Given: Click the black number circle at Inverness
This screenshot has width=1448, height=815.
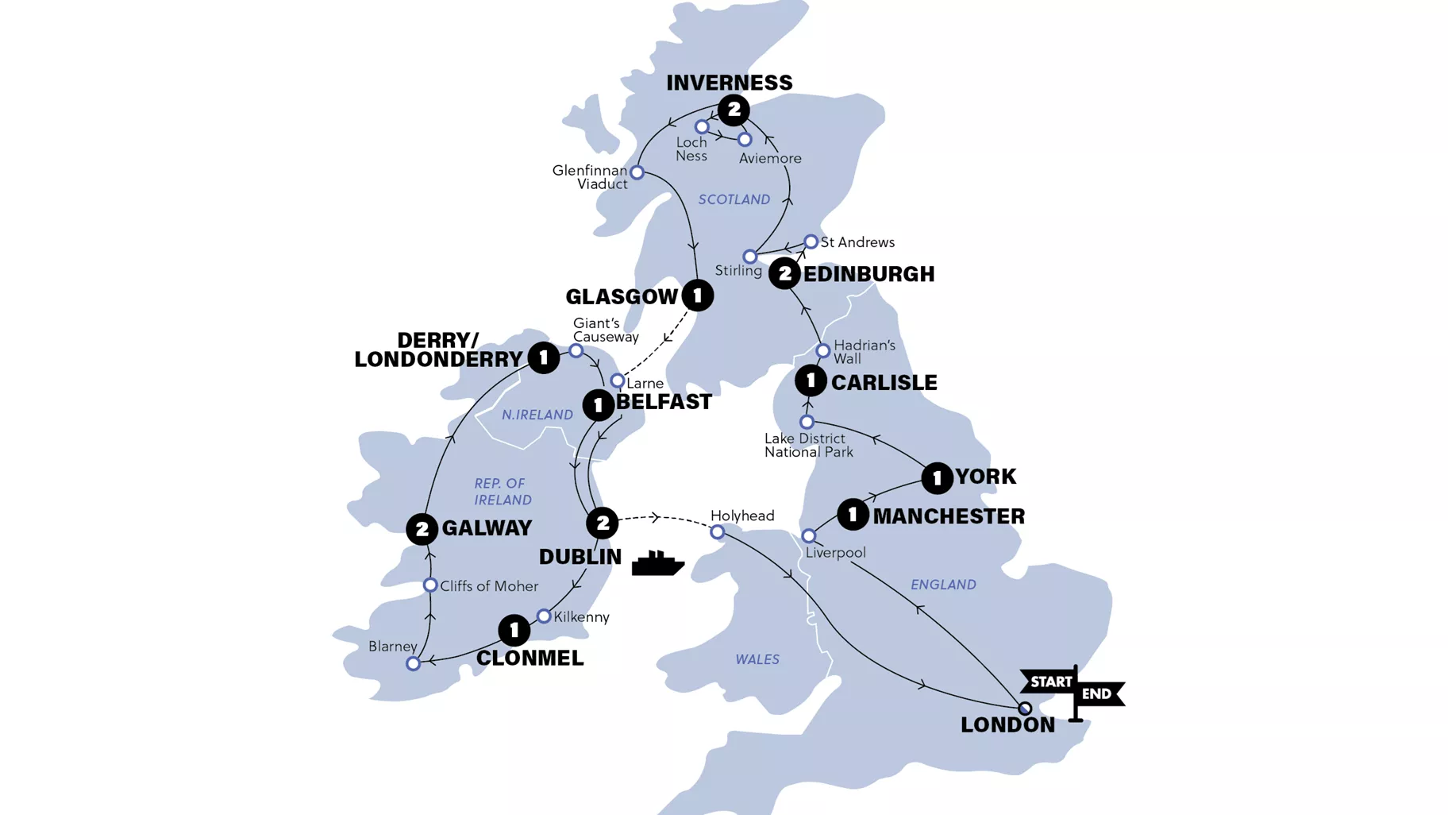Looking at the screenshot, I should tap(734, 110).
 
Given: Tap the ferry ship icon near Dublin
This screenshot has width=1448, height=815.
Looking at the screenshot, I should tap(657, 563).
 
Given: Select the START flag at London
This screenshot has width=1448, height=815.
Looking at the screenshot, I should tap(1049, 682).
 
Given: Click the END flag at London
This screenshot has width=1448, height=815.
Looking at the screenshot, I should tap(1099, 693).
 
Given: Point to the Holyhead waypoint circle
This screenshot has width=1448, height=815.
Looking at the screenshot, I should tap(717, 532).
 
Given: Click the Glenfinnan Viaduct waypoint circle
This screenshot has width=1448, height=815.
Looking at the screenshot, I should tap(637, 172).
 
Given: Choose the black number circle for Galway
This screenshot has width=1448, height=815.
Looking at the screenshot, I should tap(422, 529).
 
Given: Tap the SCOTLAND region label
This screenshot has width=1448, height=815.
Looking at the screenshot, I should tap(734, 199).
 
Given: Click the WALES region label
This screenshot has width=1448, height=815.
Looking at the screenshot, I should tap(757, 659).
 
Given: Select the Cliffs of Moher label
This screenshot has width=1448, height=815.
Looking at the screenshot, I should tap(489, 586).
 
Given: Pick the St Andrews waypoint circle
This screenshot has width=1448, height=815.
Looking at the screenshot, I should tap(811, 241).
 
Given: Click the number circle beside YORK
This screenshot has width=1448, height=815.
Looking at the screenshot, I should tap(937, 478).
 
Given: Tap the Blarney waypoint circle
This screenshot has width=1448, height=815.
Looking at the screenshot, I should tap(413, 663).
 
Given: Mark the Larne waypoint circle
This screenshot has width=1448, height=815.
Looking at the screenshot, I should tap(617, 381).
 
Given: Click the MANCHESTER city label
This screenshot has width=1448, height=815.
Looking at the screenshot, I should tap(949, 516).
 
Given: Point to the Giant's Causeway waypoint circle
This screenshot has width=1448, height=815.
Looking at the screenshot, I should tap(576, 350).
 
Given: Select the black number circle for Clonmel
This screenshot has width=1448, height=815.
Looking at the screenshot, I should tap(514, 631).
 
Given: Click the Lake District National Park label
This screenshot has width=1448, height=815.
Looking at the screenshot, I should tap(808, 445).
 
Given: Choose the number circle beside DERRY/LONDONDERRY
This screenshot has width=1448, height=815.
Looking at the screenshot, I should tap(544, 358).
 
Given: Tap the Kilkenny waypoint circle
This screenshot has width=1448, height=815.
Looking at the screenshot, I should tap(544, 616).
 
